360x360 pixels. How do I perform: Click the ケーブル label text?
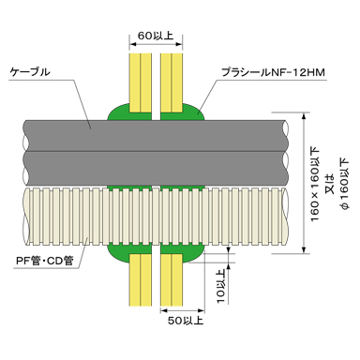30,72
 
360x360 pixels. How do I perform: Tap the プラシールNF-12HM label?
273,72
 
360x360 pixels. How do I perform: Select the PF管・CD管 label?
45,261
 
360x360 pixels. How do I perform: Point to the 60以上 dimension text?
156,36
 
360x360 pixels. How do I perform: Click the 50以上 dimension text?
186,321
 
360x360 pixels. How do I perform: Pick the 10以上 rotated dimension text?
221,287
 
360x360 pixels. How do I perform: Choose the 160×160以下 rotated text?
315,186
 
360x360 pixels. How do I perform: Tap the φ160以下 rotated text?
344,185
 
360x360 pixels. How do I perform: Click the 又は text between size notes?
330,185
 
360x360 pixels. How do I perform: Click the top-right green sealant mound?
193,113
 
